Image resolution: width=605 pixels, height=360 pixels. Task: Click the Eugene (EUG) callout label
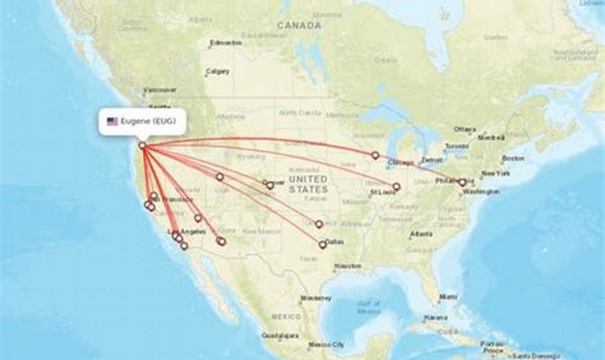(142, 122)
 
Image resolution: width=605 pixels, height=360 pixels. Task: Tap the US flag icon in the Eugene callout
(112, 122)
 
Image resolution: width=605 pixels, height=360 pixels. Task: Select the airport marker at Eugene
(142, 145)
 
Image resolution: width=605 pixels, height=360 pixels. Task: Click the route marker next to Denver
(270, 185)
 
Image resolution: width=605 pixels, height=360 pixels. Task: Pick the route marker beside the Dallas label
(323, 244)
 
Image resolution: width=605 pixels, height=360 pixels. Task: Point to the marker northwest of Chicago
(375, 155)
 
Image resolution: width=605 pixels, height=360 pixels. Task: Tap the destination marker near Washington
(462, 182)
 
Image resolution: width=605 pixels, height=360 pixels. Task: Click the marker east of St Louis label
(396, 187)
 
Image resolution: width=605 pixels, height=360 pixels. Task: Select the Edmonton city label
(226, 43)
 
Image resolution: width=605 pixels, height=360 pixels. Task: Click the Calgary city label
(218, 72)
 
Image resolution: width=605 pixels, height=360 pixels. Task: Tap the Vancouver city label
(160, 90)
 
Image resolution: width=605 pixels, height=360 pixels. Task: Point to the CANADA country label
(299, 26)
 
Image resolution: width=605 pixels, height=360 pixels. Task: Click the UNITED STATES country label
(308, 184)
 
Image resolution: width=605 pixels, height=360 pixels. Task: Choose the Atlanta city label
(421, 234)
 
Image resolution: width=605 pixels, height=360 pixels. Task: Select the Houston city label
(347, 266)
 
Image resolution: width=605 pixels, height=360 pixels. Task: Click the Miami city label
(448, 297)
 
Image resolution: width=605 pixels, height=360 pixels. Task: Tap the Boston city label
(513, 158)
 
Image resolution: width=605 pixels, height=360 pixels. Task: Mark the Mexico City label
(326, 345)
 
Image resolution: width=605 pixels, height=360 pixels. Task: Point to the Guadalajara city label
(280, 335)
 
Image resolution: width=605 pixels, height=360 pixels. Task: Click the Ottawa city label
(464, 129)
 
